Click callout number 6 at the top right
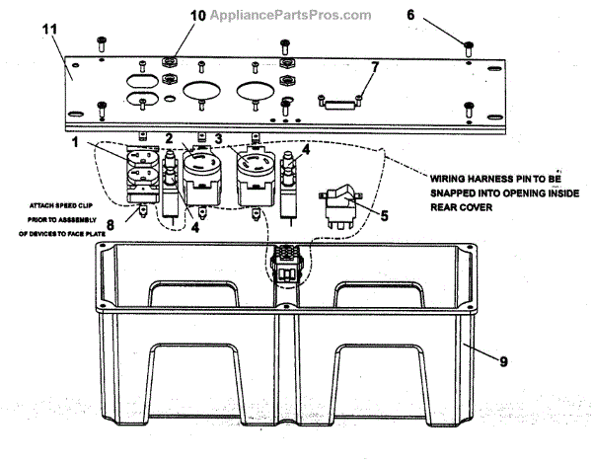467,17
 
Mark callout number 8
111,225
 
